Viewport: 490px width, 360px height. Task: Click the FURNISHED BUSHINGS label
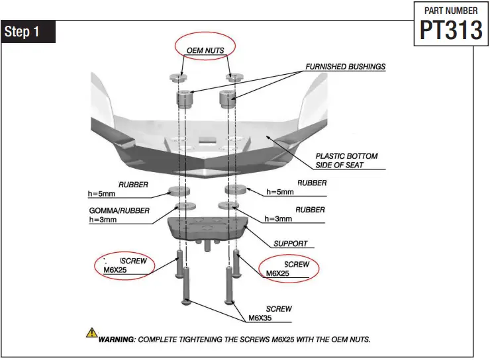coord(345,67)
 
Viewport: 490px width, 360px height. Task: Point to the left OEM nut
coord(176,78)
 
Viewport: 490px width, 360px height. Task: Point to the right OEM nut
coord(232,78)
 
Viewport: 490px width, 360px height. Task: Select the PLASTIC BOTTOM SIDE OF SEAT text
coord(346,160)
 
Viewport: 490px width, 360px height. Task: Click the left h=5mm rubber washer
coord(179,193)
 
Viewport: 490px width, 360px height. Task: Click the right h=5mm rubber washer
coord(236,191)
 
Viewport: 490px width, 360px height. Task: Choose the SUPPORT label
coord(291,244)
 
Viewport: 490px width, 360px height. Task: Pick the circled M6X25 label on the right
coord(287,268)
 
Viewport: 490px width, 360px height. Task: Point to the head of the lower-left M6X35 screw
coord(187,302)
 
